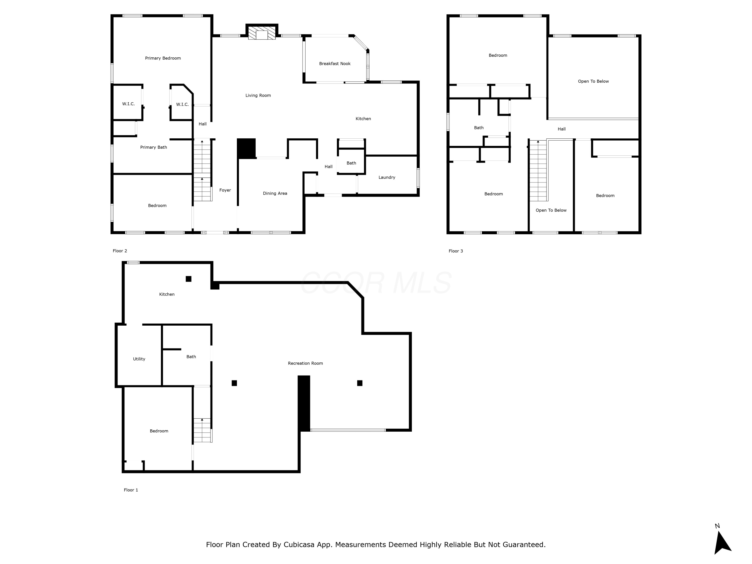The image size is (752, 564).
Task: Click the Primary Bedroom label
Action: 163,58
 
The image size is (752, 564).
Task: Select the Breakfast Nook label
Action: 335,64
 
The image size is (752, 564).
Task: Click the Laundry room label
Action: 387,177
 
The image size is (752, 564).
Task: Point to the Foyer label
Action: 225,190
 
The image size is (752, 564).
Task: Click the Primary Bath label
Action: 153,147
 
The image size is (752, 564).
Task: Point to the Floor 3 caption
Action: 455,251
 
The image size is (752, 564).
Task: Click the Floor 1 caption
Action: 131,490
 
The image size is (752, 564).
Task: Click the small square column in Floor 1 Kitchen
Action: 188,279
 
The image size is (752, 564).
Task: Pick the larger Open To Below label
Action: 593,81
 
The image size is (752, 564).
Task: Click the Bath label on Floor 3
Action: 479,128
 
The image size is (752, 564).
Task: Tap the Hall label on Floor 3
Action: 562,129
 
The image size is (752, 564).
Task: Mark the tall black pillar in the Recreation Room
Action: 304,403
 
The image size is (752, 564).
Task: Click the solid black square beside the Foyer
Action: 246,148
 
